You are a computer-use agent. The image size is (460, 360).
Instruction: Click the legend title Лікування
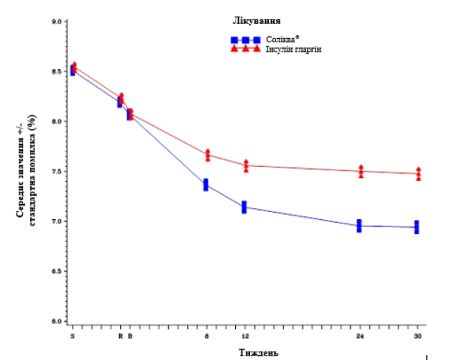pyautogui.click(x=257, y=21)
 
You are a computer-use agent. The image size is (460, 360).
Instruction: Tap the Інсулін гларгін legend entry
pyautogui.click(x=290, y=49)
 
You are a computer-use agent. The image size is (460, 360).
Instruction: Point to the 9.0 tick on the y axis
pyautogui.click(x=55, y=22)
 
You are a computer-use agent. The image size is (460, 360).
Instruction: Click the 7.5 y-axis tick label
pyautogui.click(x=55, y=171)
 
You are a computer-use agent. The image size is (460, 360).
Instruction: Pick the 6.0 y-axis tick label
pyautogui.click(x=55, y=320)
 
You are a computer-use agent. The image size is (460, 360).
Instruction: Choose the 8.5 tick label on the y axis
pyautogui.click(x=55, y=71)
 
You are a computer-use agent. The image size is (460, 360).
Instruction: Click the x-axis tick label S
pyautogui.click(x=72, y=336)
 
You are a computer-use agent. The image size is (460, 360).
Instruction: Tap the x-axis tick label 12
pyautogui.click(x=245, y=336)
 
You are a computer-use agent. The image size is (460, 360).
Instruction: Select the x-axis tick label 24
pyautogui.click(x=359, y=336)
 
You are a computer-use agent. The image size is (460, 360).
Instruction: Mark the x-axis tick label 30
pyautogui.click(x=418, y=336)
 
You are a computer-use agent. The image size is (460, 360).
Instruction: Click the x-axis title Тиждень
pyautogui.click(x=255, y=352)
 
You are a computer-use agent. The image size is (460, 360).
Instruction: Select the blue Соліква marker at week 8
pyautogui.click(x=206, y=185)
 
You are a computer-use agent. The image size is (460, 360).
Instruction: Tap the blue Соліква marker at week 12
pyautogui.click(x=244, y=207)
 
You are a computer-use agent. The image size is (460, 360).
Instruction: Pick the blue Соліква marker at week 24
pyautogui.click(x=359, y=226)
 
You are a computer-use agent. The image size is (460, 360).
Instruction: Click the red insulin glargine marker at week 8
pyautogui.click(x=208, y=154)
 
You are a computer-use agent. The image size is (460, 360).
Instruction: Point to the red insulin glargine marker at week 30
pyautogui.click(x=418, y=174)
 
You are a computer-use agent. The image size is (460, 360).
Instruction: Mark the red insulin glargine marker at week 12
pyautogui.click(x=246, y=165)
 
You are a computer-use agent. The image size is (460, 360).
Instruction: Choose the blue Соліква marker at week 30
pyautogui.click(x=417, y=227)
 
